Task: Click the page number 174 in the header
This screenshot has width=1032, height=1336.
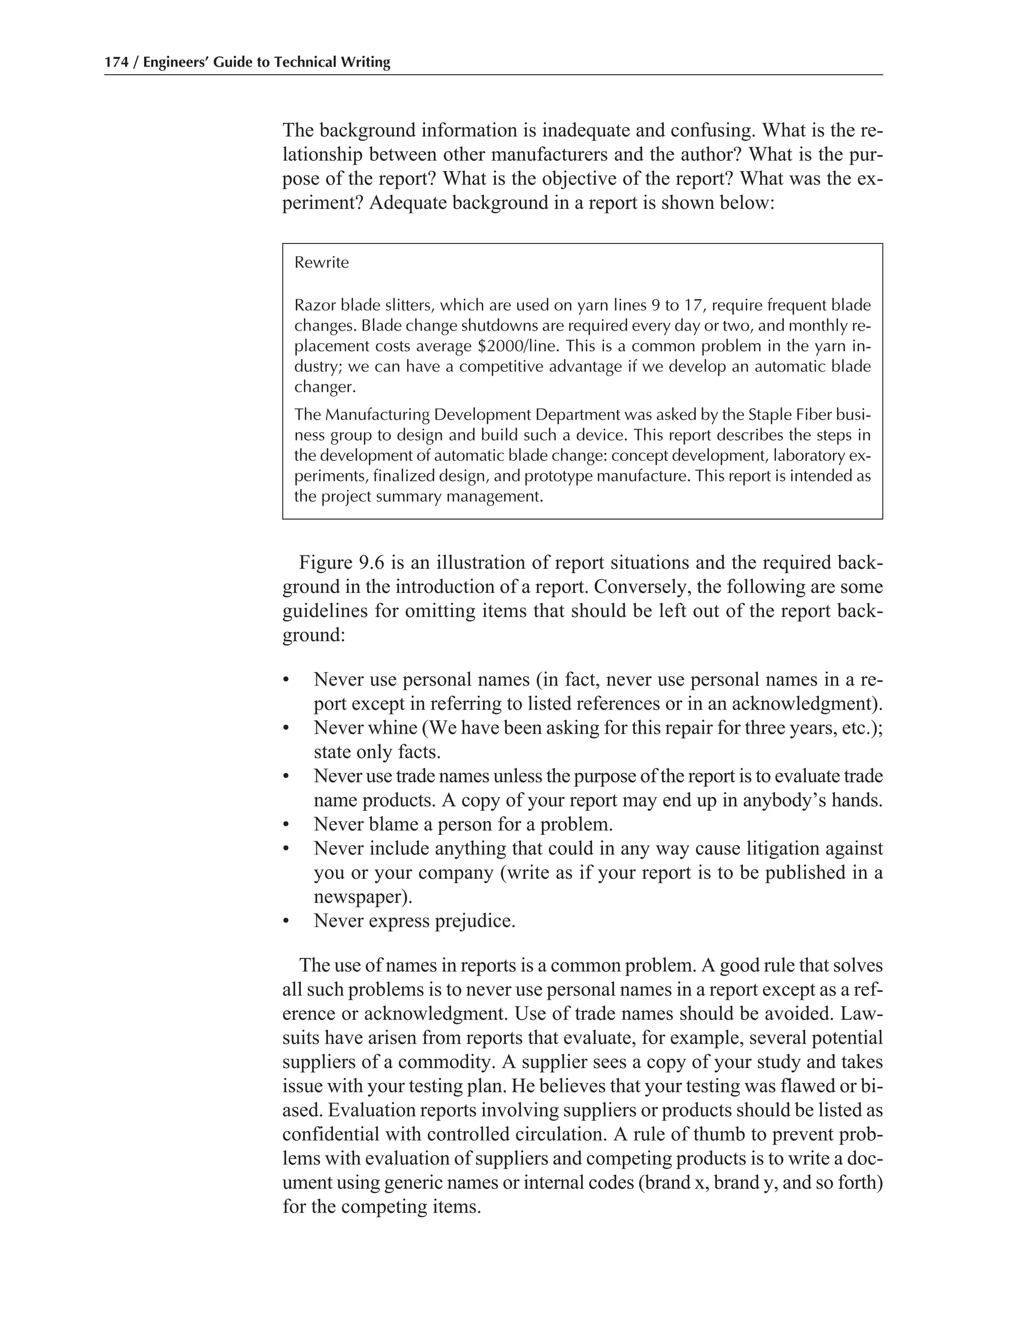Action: point(117,63)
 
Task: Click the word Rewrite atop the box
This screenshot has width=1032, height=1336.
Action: point(321,263)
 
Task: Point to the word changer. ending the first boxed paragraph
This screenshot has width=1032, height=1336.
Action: point(325,388)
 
